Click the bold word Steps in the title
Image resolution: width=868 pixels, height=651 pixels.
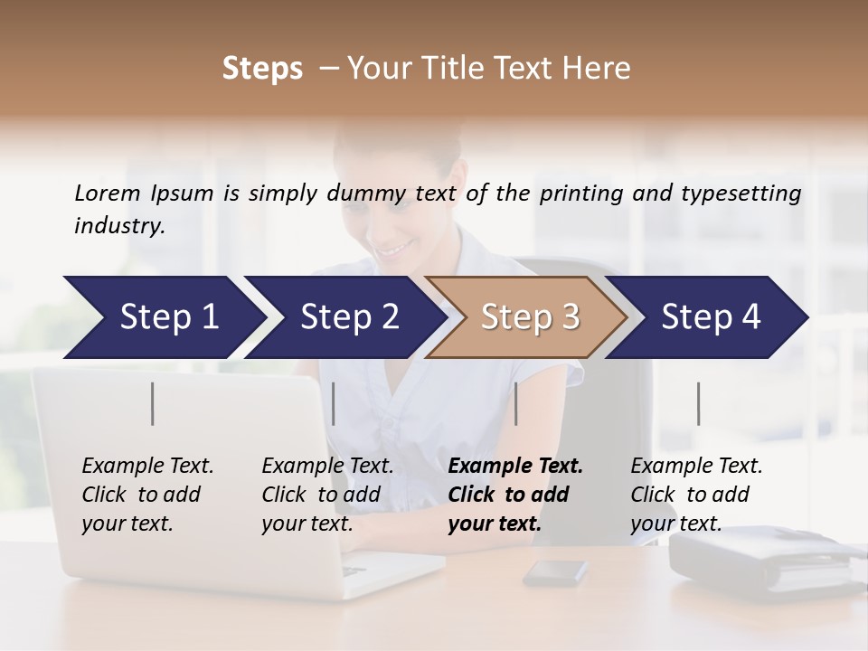click(x=262, y=69)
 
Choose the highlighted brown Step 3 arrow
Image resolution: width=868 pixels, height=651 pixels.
click(x=530, y=316)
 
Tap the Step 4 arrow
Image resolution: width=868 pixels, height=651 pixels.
click(x=711, y=316)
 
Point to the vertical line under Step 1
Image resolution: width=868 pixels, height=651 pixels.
click(x=153, y=403)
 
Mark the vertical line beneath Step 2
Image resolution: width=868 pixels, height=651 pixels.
click(x=334, y=403)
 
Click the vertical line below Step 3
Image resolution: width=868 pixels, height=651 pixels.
click(x=516, y=403)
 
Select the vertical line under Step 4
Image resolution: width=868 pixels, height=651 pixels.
click(x=698, y=403)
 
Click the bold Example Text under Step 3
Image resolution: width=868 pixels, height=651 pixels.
click(x=515, y=495)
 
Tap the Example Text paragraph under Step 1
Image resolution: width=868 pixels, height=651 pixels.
click(x=147, y=495)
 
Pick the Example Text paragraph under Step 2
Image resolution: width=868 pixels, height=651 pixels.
click(x=327, y=495)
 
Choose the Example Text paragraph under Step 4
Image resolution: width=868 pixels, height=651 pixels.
click(x=696, y=495)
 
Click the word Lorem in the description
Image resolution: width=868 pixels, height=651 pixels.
click(x=108, y=193)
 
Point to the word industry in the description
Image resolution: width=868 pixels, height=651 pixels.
click(x=118, y=225)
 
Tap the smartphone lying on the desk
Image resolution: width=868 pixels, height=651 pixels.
click(x=554, y=571)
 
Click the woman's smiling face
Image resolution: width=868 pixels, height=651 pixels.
click(x=402, y=217)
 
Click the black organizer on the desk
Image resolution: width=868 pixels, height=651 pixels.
click(x=759, y=556)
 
